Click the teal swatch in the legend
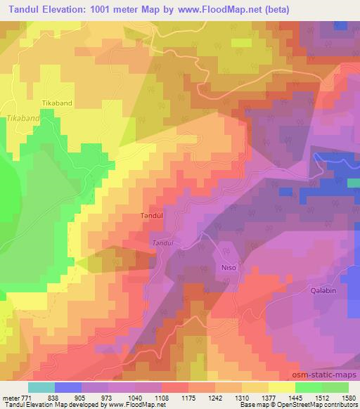pos(41,387)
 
